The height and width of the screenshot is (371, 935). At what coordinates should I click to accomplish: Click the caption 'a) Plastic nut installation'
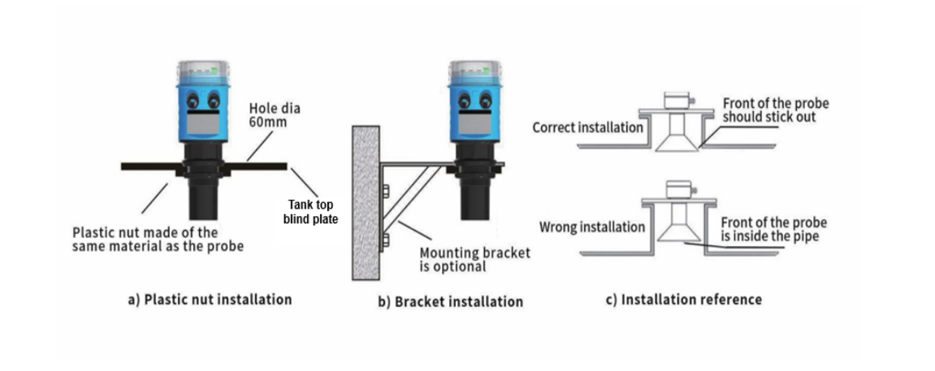210,300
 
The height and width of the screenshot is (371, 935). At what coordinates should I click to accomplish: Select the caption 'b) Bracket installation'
450,302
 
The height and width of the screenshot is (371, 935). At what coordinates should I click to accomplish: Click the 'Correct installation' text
587,127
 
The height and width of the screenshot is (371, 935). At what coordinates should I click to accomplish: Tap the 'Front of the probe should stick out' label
775,110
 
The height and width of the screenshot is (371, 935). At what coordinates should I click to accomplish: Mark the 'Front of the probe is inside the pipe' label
773,230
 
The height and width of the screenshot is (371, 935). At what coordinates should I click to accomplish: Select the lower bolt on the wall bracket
385,239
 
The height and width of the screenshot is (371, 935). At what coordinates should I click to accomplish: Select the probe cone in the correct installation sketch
677,141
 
